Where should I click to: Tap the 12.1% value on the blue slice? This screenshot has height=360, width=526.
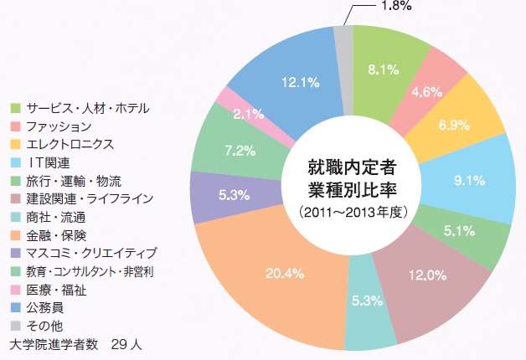299,82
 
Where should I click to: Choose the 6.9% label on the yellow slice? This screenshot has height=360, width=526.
455,123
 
